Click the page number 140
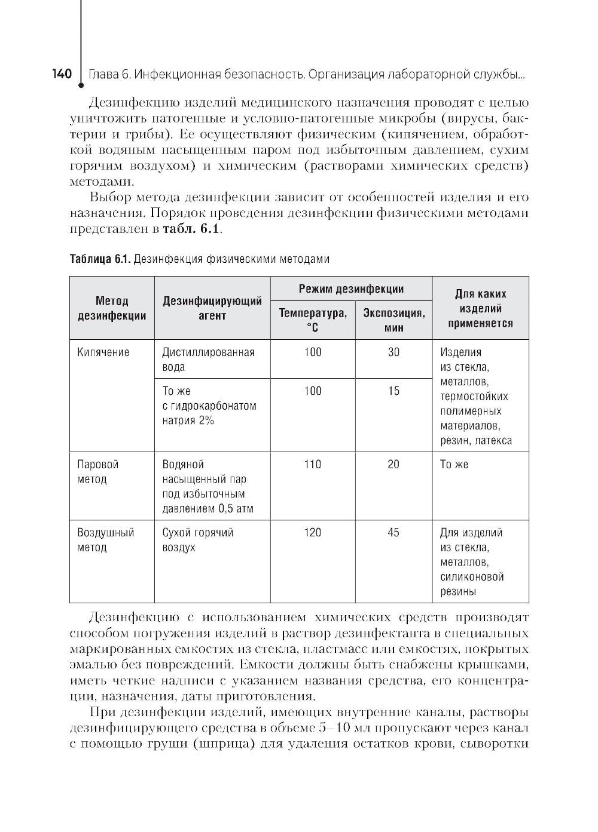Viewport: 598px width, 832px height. click(x=62, y=74)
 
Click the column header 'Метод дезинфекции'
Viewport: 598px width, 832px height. click(x=112, y=308)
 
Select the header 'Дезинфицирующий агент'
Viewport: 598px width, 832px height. click(x=212, y=308)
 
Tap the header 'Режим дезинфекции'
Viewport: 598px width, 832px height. click(x=351, y=289)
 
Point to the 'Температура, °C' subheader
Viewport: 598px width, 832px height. click(x=313, y=320)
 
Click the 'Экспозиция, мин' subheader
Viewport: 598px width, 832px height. click(x=393, y=320)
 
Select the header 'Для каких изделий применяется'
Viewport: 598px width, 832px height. click(x=480, y=308)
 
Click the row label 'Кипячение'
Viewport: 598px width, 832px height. click(x=103, y=352)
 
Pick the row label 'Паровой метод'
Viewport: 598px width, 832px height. click(x=98, y=471)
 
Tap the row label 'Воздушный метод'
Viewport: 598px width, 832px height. click(x=106, y=539)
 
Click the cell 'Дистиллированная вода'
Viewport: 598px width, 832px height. click(x=208, y=360)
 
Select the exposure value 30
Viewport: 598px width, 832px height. click(x=393, y=352)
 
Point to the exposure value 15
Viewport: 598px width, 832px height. click(x=393, y=391)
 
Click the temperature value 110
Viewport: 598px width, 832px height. click(x=313, y=464)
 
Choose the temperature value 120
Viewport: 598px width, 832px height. click(x=313, y=532)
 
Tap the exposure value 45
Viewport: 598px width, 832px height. click(x=393, y=532)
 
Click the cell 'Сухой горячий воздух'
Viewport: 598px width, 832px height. click(x=198, y=539)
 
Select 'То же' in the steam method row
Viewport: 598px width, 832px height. click(x=454, y=464)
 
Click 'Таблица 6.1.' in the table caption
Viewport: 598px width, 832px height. click(x=100, y=259)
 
